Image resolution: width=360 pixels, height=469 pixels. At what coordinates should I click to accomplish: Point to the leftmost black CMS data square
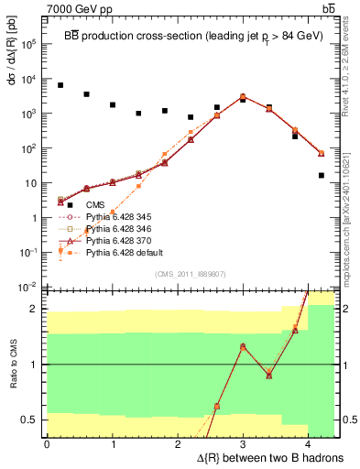[60, 85]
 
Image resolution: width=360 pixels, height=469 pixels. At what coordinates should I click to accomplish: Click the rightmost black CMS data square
[321, 175]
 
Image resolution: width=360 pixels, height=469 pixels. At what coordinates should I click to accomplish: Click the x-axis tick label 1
[113, 443]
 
